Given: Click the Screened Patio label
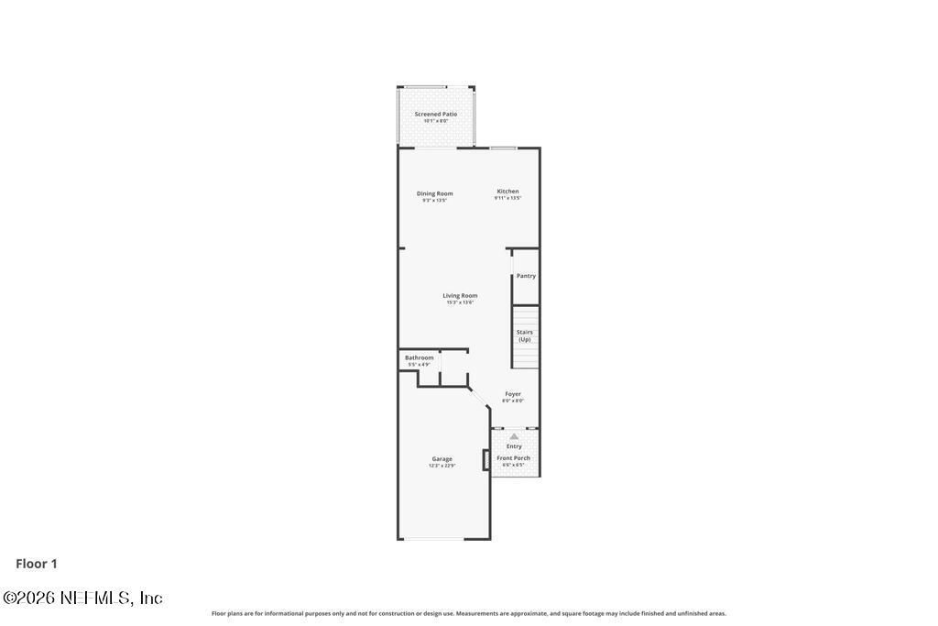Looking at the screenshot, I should (435, 115).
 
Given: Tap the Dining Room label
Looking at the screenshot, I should (434, 193).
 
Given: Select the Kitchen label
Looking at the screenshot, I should (507, 192).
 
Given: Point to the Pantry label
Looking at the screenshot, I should (526, 276).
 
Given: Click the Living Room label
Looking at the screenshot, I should (460, 295).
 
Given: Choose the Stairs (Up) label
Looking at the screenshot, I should (525, 335).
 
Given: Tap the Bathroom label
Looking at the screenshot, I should (419, 357).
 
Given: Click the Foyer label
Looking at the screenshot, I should (513, 394).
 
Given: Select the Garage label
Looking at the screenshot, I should (442, 458).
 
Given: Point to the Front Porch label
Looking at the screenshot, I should (513, 458).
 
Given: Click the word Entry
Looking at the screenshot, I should (514, 446).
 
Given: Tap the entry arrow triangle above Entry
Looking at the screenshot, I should (514, 436).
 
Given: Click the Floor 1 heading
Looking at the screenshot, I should (37, 564).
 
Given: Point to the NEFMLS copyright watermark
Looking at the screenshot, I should (82, 599).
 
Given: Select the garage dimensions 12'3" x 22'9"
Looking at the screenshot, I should (442, 466).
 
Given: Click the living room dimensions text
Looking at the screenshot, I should (460, 302).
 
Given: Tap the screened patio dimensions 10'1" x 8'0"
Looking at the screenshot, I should (435, 121).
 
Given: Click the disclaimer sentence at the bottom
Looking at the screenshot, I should (468, 613).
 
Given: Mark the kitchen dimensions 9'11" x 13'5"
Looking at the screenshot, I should (507, 198).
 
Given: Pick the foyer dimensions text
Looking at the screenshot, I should (513, 401).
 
